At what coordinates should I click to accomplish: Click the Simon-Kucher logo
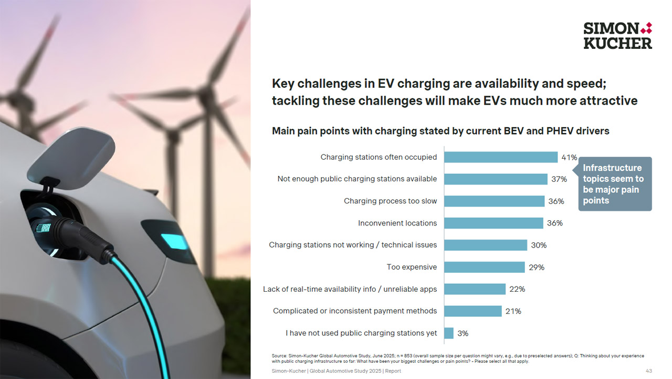pyautogui.click(x=617, y=35)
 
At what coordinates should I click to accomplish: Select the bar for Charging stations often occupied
pyautogui.click(x=500, y=157)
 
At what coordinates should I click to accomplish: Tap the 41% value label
pyautogui.click(x=569, y=157)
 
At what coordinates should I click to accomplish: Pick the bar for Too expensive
pyautogui.click(x=484, y=267)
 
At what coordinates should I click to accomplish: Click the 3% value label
pyautogui.click(x=463, y=333)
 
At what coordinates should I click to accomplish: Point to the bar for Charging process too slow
pyautogui.click(x=494, y=201)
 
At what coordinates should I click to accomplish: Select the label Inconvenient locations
pyautogui.click(x=397, y=223)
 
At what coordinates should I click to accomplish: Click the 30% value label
pyautogui.click(x=539, y=245)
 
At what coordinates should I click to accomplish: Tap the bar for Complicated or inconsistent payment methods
pyautogui.click(x=472, y=311)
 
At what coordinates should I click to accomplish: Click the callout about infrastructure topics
pyautogui.click(x=614, y=184)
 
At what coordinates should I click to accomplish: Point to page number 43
pyautogui.click(x=648, y=371)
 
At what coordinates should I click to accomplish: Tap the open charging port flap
pyautogui.click(x=71, y=158)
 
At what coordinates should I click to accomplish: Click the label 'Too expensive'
pyautogui.click(x=412, y=267)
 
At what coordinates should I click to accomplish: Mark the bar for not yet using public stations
pyautogui.click(x=449, y=333)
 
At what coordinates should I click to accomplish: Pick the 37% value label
pyautogui.click(x=559, y=179)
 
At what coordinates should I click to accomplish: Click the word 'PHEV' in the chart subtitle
pyautogui.click(x=559, y=131)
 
